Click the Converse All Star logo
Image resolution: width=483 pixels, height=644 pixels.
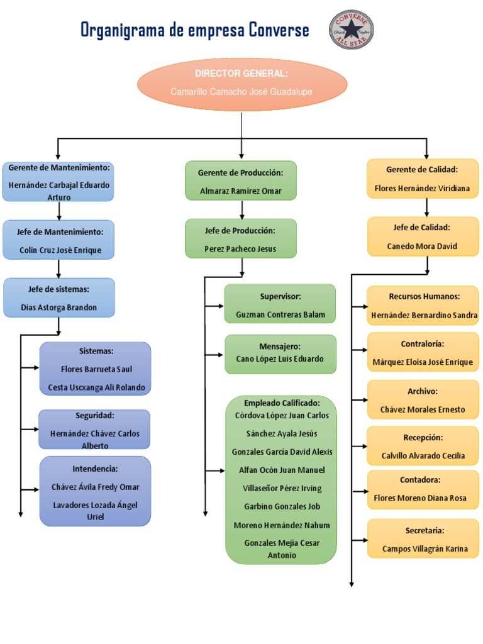pos(351,30)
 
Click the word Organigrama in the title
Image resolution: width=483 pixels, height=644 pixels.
pos(123,30)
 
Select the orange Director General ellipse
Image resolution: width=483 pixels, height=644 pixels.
pos(242,84)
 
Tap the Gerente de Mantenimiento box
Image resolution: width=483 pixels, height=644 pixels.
pos(58,182)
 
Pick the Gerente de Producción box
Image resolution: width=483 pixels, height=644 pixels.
pos(241,180)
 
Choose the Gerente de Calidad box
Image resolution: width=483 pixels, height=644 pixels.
pos(423,179)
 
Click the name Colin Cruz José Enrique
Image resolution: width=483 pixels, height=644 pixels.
pos(60,250)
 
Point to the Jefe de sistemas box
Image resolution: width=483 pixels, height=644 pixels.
pos(59,297)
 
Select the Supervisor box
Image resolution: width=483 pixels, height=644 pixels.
pos(280,304)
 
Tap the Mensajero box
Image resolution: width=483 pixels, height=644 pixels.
pos(280,354)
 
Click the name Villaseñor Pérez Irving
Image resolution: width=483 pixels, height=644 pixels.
pos(282,488)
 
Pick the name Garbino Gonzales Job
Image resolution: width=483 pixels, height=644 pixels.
pos(282,506)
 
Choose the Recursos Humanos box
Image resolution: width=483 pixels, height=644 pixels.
pos(423,306)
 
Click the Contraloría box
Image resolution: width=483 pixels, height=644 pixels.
pos(423,352)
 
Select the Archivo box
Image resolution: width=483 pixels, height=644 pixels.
pos(423,399)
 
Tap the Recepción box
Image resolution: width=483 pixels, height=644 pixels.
pos(423,446)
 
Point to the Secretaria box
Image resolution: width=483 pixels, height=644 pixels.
pos(423,538)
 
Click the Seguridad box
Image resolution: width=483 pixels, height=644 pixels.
pos(94,429)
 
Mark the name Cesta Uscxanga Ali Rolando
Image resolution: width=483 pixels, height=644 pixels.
pos(96,387)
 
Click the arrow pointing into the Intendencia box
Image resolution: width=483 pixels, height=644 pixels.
pos(30,489)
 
